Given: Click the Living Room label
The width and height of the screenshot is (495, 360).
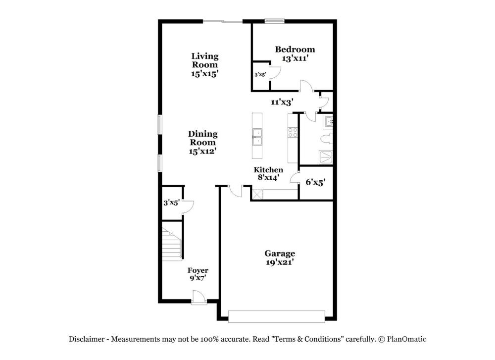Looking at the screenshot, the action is [205, 60].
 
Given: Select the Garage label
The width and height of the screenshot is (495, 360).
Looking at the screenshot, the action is [280, 253].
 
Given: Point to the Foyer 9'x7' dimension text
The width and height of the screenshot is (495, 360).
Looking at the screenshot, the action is [198, 278].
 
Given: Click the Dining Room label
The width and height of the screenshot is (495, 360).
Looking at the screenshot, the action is [202, 138].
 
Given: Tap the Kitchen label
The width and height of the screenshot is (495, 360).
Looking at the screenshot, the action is [268, 169].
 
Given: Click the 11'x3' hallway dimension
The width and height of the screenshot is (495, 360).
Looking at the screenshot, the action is [282, 102].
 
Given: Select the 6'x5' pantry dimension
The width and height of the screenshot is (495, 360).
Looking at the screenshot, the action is [315, 182].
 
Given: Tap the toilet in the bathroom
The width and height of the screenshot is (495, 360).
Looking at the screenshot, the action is [326, 139].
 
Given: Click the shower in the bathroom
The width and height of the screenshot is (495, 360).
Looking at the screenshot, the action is [326, 157].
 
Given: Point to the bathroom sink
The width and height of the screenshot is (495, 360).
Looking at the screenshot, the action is [328, 122].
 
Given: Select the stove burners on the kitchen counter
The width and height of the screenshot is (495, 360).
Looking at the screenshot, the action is [293, 132].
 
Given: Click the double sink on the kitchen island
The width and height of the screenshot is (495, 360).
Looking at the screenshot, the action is [257, 137].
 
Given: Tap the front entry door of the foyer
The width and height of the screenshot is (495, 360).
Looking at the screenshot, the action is [199, 298].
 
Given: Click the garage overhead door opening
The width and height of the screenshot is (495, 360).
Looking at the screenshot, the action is [277, 316].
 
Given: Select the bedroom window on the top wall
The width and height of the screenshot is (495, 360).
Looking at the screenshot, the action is [274, 21].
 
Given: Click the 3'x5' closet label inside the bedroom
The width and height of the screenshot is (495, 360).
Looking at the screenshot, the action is [260, 75].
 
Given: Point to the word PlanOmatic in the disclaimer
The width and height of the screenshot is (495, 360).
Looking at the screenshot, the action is [406, 339].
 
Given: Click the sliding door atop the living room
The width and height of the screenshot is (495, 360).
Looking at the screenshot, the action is [223, 21].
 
